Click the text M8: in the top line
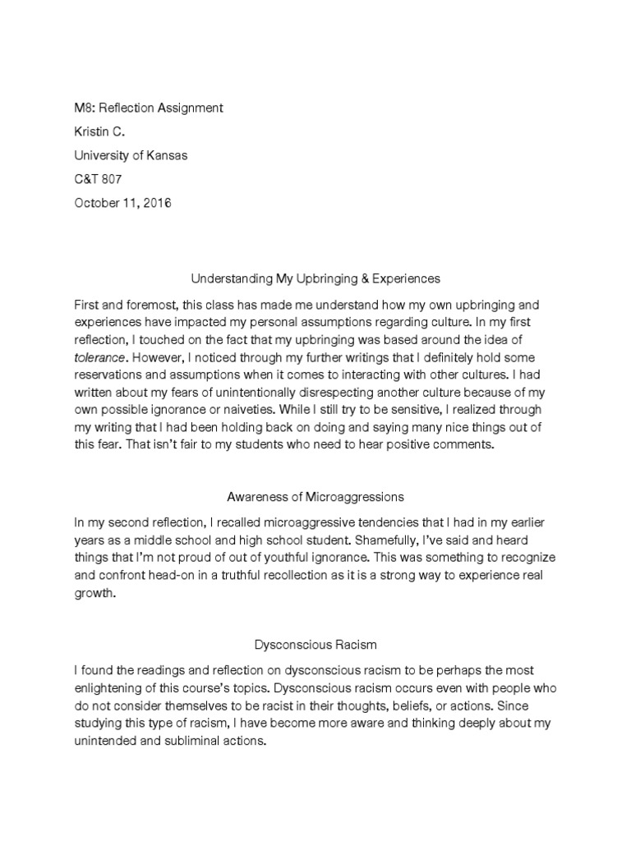point(85,108)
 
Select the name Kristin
point(93,131)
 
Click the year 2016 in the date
point(156,203)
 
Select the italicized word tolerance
point(101,357)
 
